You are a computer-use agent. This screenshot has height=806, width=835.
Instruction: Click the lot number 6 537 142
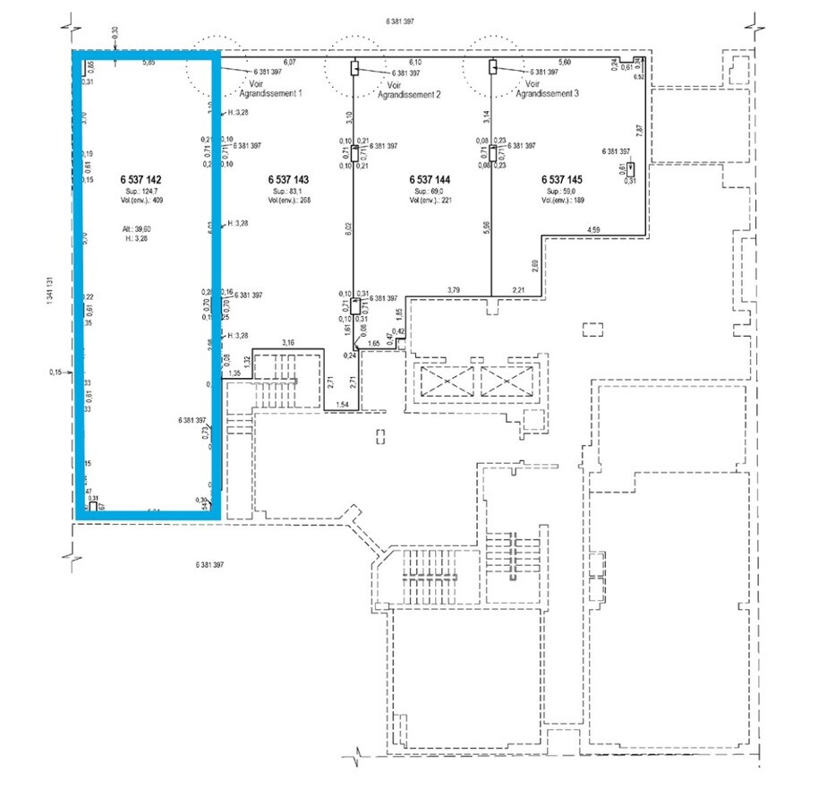click(141, 179)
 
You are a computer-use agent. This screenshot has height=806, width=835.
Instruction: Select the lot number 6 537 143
click(288, 179)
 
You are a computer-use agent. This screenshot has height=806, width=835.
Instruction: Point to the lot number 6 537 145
click(563, 179)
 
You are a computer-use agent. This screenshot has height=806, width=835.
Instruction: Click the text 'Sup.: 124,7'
click(141, 192)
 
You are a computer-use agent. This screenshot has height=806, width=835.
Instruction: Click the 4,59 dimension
click(594, 231)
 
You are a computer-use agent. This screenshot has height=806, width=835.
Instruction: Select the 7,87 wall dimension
click(639, 129)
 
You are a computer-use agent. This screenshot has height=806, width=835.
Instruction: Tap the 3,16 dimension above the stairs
click(288, 342)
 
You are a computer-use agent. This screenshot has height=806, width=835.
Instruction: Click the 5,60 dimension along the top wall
click(565, 62)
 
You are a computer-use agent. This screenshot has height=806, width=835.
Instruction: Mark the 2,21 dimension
click(518, 288)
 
